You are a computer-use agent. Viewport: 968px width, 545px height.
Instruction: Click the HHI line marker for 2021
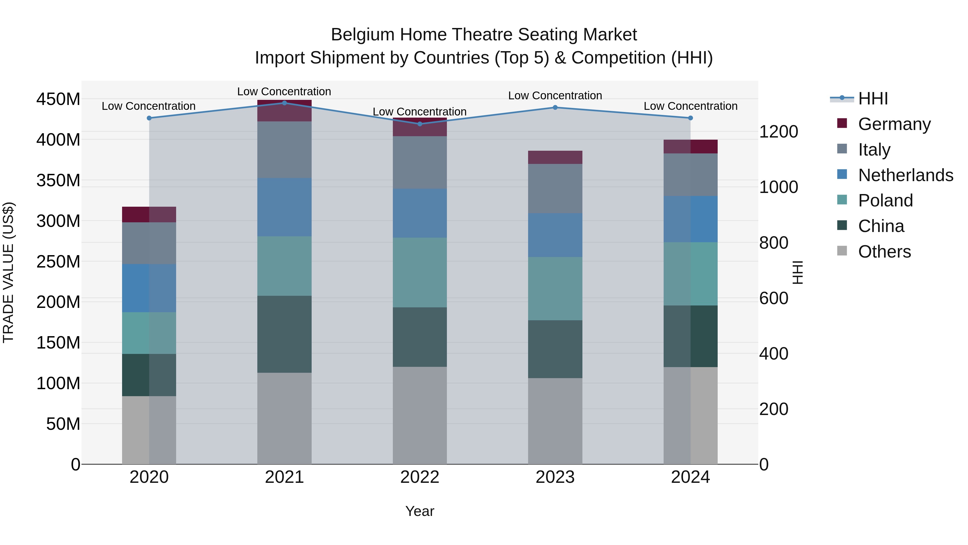[284, 103]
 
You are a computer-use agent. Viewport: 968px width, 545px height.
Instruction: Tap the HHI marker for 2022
[420, 124]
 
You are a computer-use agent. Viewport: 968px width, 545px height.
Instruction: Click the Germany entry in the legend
[894, 124]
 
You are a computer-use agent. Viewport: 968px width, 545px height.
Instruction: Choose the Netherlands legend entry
[905, 175]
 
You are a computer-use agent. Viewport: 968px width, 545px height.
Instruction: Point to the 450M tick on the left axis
[58, 100]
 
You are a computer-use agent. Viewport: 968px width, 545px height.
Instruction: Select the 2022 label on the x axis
[420, 477]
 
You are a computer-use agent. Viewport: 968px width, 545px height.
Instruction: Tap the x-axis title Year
[420, 511]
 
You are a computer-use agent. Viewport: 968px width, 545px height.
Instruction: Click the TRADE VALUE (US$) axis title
[8, 272]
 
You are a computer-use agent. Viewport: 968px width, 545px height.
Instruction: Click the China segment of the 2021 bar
[284, 334]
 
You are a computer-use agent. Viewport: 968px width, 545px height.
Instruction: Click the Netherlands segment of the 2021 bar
[284, 207]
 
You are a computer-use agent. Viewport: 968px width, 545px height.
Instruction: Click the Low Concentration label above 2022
[419, 112]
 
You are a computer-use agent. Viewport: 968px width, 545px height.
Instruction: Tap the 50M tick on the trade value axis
[63, 424]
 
